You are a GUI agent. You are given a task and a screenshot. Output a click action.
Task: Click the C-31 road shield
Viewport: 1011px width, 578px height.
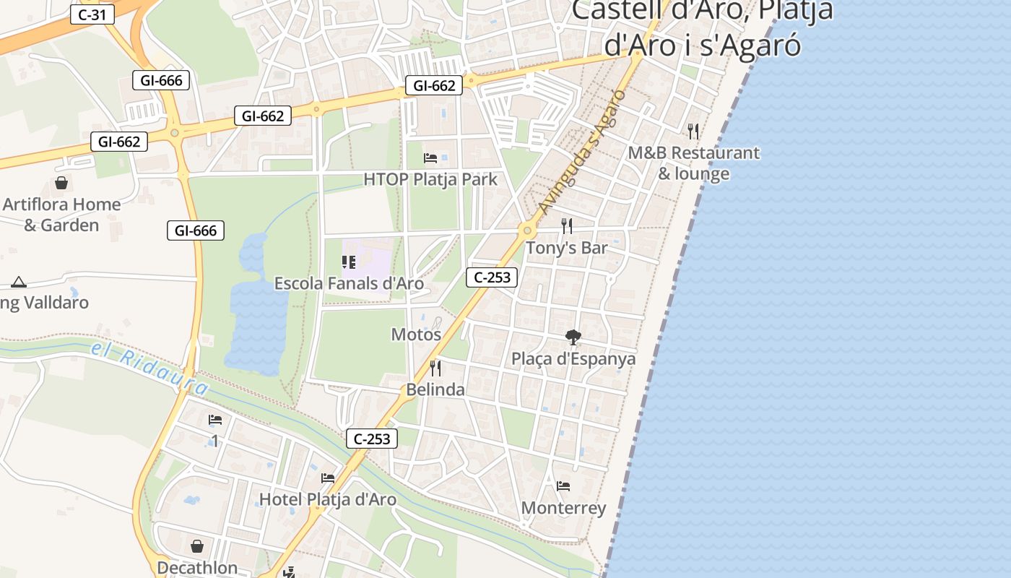pyautogui.click(x=92, y=14)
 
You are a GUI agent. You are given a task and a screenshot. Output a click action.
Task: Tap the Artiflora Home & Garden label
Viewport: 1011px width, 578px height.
pyautogui.click(x=61, y=215)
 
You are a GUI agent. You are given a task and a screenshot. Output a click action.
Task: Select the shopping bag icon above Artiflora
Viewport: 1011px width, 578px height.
pyautogui.click(x=61, y=183)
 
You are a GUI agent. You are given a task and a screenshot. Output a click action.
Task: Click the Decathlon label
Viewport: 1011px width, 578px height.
pyautogui.click(x=197, y=568)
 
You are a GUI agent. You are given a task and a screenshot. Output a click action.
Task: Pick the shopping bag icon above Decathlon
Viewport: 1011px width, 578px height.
pyautogui.click(x=197, y=546)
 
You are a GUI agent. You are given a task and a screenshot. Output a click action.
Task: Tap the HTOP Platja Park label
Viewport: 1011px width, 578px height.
pyautogui.click(x=430, y=179)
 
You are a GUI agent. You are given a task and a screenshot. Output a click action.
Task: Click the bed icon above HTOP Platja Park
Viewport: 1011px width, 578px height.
pyautogui.click(x=430, y=158)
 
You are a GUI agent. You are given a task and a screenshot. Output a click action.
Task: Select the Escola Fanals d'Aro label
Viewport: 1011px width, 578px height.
pyautogui.click(x=349, y=283)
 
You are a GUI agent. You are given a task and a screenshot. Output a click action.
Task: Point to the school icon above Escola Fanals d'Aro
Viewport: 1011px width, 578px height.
pyautogui.click(x=349, y=262)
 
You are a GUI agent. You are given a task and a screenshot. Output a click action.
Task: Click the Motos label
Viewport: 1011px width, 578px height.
pyautogui.click(x=416, y=335)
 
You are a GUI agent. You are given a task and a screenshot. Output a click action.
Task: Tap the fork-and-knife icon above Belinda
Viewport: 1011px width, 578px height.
pyautogui.click(x=435, y=368)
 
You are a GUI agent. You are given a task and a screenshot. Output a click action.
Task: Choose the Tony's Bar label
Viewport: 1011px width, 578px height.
pyautogui.click(x=567, y=248)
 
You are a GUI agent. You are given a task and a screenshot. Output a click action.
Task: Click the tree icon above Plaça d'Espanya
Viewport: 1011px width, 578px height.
pyautogui.click(x=573, y=337)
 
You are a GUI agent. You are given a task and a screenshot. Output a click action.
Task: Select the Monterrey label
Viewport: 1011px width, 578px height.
pyautogui.click(x=564, y=508)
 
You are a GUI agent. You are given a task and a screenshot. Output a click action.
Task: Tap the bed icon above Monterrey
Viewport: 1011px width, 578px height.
pyautogui.click(x=563, y=486)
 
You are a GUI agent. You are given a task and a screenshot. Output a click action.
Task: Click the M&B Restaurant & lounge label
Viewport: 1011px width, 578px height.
pyautogui.click(x=693, y=163)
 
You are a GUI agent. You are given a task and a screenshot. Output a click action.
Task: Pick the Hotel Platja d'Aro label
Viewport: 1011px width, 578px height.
pyautogui.click(x=328, y=499)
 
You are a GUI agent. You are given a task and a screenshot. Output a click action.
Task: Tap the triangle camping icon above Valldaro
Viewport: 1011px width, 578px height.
pyautogui.click(x=19, y=282)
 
